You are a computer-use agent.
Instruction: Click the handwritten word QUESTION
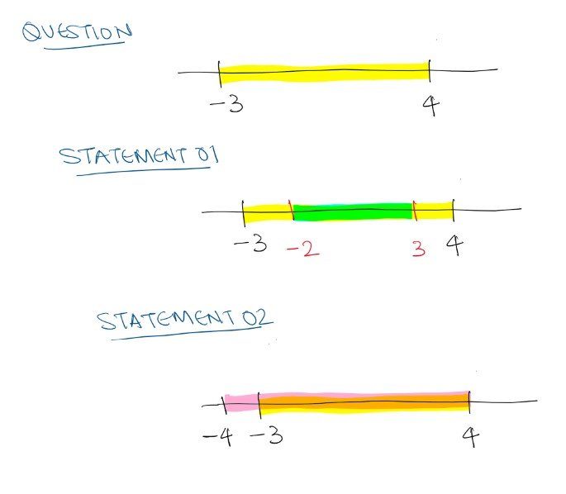coord(77,31)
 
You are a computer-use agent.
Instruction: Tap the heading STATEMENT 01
coord(139,156)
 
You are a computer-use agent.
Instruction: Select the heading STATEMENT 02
coord(184,320)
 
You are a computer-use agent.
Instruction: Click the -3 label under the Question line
coord(227,105)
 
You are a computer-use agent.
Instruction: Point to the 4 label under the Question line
coord(431,106)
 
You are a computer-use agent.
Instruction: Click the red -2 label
coord(303,249)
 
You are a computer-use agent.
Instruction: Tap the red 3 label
coord(419,249)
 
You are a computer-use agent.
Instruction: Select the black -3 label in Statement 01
coord(251,244)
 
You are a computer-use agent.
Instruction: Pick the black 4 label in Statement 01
coord(454,245)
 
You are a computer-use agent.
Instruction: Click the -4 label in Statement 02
coord(218,437)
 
